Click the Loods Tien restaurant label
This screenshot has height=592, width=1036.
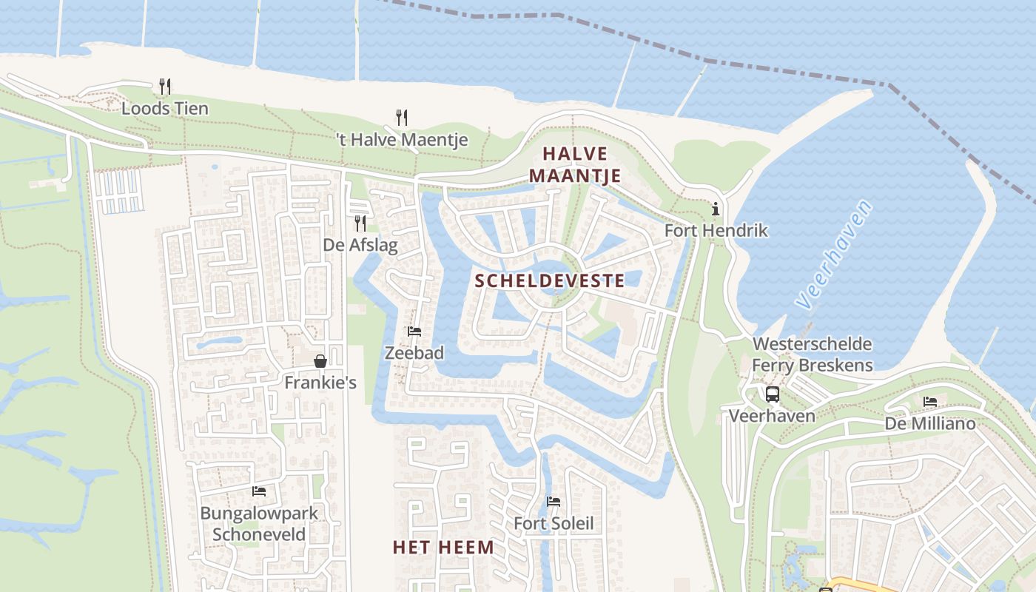(165, 109)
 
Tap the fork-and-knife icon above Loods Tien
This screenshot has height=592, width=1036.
(165, 87)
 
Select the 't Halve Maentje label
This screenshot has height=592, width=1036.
(402, 140)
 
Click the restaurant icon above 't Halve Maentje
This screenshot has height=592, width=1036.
(402, 117)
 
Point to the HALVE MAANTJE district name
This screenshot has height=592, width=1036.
(575, 165)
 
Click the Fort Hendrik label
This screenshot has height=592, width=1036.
(716, 231)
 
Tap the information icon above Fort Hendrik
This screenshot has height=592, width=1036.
(715, 209)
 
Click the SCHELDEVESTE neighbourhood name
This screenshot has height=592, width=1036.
(550, 280)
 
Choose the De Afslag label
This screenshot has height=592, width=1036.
(360, 245)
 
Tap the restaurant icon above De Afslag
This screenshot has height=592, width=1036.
(360, 223)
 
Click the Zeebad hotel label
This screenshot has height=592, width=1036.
(414, 354)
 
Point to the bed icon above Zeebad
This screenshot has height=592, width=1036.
(414, 332)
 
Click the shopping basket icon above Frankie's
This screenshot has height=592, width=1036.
(320, 361)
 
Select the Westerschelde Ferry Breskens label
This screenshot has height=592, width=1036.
(812, 354)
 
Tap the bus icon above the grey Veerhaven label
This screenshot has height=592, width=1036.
(772, 394)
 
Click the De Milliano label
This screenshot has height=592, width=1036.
(930, 424)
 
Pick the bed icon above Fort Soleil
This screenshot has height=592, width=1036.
(554, 502)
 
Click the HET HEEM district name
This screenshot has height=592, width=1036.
(443, 548)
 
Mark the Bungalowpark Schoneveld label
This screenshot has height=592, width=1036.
(259, 523)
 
